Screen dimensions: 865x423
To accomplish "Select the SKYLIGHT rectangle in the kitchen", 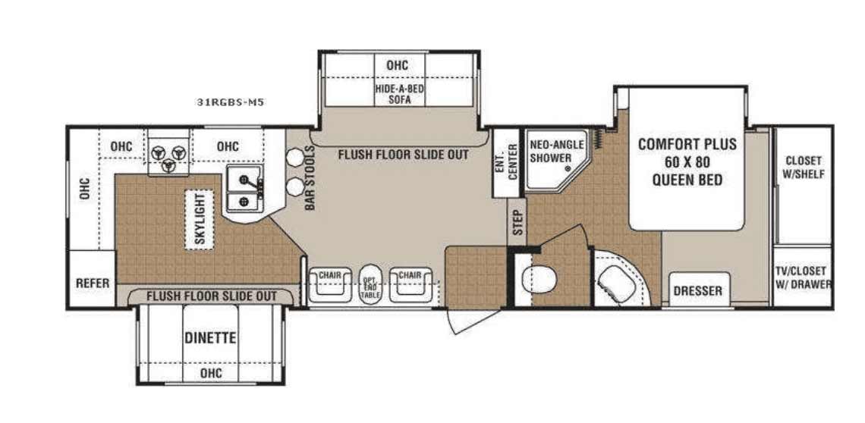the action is tap(199, 220).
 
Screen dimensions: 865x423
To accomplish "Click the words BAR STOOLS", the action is tap(310, 177).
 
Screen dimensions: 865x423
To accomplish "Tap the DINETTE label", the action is tap(211, 337).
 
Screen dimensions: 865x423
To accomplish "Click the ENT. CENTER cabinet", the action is tap(506, 162).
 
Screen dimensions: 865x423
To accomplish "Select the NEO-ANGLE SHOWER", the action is tap(557, 160).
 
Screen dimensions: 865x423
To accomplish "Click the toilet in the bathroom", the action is tap(539, 277).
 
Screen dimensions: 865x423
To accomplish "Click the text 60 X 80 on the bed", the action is tap(687, 162).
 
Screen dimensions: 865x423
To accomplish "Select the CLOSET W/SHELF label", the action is tap(804, 167).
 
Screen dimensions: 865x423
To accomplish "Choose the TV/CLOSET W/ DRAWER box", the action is tap(803, 277).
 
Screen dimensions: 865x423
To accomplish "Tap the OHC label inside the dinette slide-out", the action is tap(211, 374).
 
